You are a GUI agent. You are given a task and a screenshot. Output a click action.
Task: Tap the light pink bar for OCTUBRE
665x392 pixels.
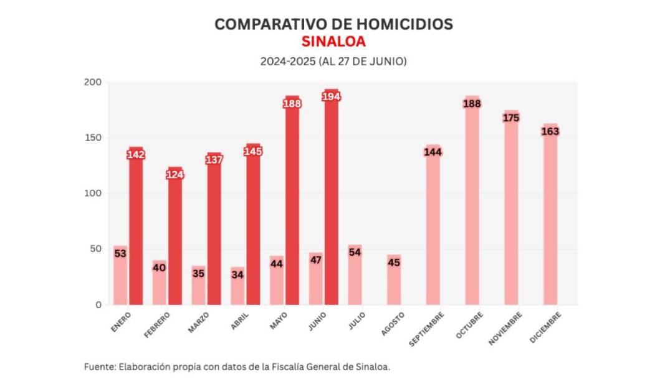[x=472, y=205]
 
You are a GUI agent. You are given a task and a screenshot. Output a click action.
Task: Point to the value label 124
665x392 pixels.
[x=175, y=175]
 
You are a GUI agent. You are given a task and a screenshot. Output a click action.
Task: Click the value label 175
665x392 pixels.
[x=511, y=118]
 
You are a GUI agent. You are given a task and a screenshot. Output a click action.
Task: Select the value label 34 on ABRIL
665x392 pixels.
[x=237, y=274]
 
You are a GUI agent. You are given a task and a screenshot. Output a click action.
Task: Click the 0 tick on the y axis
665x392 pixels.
[x=98, y=305]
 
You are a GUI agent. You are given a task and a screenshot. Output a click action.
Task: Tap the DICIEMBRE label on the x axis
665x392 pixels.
[x=545, y=327]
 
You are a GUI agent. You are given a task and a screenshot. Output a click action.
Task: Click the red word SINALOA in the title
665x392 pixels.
[x=333, y=42]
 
